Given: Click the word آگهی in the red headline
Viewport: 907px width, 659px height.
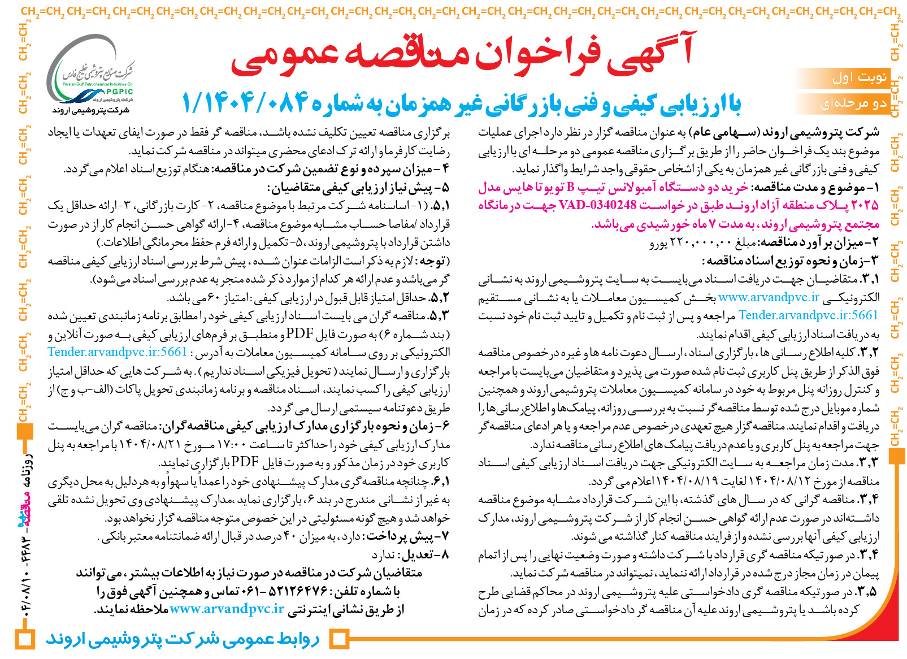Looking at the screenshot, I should (x=650, y=54).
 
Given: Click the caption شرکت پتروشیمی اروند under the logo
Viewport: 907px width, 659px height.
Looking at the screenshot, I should (x=91, y=110).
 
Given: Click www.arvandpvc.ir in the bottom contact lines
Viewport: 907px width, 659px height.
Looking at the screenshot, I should (x=227, y=609).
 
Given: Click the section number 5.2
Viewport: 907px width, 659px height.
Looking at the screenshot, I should (x=439, y=297).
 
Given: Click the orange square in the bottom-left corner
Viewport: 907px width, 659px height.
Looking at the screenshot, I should (x=24, y=639).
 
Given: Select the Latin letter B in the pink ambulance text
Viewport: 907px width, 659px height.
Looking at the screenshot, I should (x=571, y=187).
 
